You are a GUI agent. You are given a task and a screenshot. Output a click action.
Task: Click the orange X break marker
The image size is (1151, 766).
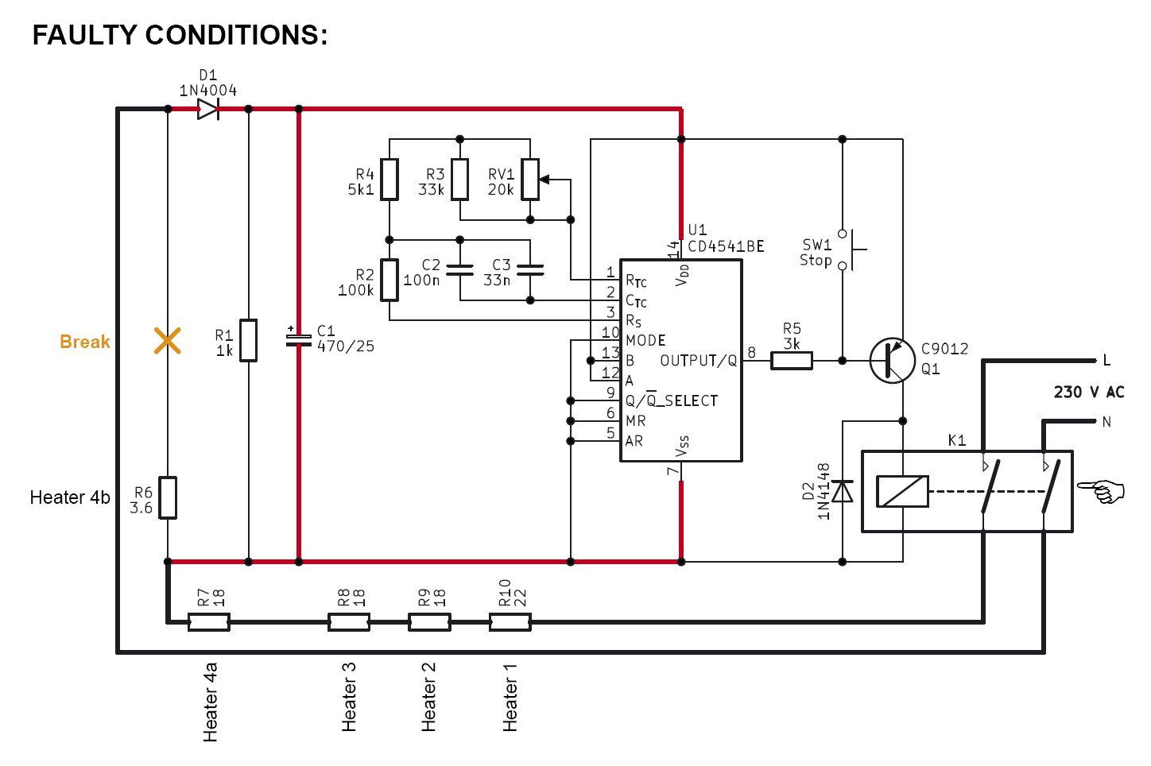point(167,341)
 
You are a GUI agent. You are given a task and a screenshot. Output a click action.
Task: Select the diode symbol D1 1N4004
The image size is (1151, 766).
point(207,109)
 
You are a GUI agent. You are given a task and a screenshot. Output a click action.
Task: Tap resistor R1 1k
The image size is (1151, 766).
point(249,340)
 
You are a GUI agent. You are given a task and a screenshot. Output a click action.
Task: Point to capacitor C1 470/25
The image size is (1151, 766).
point(299,339)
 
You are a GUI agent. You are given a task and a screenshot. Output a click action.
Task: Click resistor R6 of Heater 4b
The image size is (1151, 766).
point(167,497)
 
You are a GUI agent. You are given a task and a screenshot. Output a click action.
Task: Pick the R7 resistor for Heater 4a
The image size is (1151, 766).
point(208,622)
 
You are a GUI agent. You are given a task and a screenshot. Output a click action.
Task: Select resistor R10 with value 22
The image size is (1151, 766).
point(510,622)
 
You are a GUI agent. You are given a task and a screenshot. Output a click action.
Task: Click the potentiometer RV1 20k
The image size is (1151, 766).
point(530,180)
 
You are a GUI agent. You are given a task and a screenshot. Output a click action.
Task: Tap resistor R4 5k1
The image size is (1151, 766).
point(389,180)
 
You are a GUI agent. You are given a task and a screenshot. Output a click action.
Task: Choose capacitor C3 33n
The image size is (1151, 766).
point(530,270)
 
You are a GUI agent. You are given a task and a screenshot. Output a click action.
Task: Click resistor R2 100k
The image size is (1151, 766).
point(389,280)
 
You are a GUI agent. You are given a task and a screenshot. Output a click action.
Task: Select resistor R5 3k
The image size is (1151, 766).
point(792,361)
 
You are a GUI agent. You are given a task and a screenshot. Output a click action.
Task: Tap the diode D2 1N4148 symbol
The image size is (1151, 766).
point(843,492)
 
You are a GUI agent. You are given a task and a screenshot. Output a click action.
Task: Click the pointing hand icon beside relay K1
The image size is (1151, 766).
point(1103,491)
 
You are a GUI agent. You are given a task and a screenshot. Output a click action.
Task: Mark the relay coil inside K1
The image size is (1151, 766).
point(902,491)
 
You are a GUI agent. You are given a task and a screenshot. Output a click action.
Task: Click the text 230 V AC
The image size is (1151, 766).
point(1088,393)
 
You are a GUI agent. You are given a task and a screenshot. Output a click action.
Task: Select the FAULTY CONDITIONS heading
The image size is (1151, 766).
point(180,35)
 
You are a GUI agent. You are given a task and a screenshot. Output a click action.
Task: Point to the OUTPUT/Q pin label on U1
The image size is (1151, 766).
point(698,361)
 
